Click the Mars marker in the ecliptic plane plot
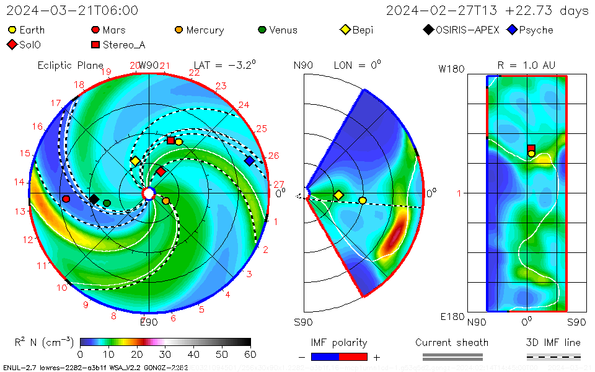pyautogui.click(x=66, y=199)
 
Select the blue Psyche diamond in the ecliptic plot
pyautogui.click(x=249, y=161)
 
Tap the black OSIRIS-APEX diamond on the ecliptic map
pyautogui.click(x=94, y=199)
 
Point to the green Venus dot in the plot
pyautogui.click(x=107, y=203)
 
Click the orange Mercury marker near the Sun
pyautogui.click(x=165, y=201)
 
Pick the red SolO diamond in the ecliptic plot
pyautogui.click(x=161, y=171)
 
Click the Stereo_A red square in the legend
pyautogui.click(x=95, y=45)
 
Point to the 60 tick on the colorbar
pyautogui.click(x=250, y=354)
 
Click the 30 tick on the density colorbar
pyautogui.click(x=165, y=354)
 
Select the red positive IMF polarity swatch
pyautogui.click(x=353, y=356)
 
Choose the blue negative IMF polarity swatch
pyautogui.click(x=325, y=356)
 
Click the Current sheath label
pyautogui.click(x=452, y=342)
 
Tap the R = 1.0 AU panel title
pyautogui.click(x=526, y=65)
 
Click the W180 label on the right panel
pyautogui.click(x=451, y=69)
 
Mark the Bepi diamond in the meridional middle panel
pyautogui.click(x=338, y=195)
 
